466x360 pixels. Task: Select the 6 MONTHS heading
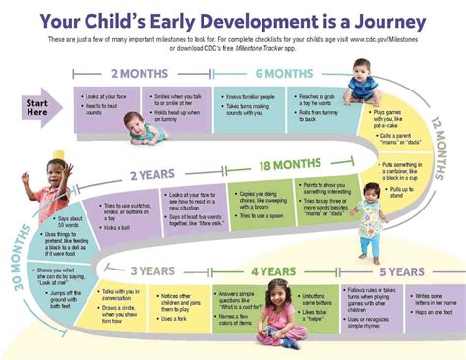tap(285, 73)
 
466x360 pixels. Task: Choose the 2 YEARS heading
tap(149, 175)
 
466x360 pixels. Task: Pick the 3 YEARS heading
tap(154, 270)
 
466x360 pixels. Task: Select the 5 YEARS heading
tap(403, 270)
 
